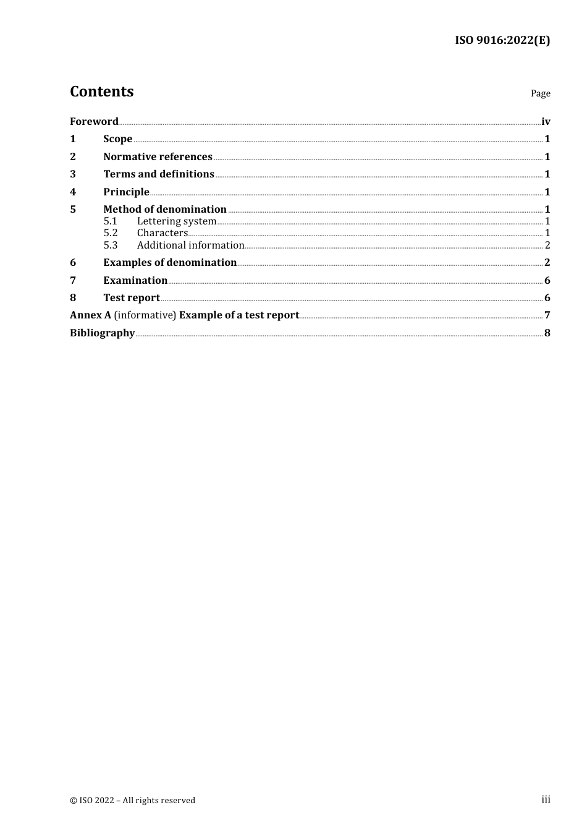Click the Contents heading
101,92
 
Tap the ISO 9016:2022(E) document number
502,40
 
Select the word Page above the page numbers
540,93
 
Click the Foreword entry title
94,121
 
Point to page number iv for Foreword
546,121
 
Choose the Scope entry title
117,139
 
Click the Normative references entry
158,157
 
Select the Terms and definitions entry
158,174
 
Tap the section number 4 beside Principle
73,192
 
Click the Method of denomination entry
164,210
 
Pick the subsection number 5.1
110,221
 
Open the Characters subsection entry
162,233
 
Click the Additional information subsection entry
190,245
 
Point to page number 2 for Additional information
547,245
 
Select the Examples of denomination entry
170,263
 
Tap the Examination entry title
135,281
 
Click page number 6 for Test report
547,298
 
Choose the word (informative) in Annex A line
145,315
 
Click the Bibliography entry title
102,333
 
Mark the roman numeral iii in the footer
546,799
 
